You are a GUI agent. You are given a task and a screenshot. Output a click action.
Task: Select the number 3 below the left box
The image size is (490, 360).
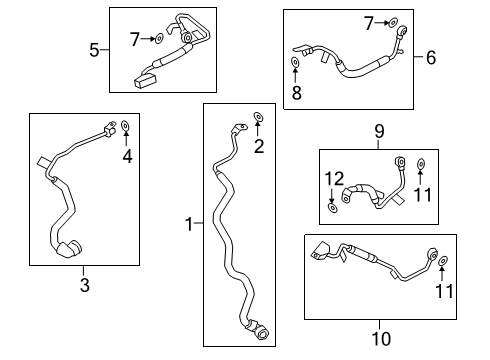[84, 286]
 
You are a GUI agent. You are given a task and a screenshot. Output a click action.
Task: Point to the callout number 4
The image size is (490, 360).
[126, 155]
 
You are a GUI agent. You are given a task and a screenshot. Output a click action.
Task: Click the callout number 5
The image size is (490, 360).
[93, 49]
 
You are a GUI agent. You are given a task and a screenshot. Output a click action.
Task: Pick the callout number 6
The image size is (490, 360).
[432, 57]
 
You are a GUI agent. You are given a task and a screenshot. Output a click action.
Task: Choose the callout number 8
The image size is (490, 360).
[296, 94]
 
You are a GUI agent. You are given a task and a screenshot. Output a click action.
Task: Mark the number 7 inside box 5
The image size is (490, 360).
[135, 38]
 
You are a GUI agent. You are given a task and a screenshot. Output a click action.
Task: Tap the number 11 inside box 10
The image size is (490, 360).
[443, 291]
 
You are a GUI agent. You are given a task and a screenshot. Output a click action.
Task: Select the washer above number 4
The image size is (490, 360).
[126, 126]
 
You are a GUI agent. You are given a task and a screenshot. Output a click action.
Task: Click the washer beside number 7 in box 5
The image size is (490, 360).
[158, 38]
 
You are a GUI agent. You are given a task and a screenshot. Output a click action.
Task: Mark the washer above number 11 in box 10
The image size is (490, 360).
[443, 261]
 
